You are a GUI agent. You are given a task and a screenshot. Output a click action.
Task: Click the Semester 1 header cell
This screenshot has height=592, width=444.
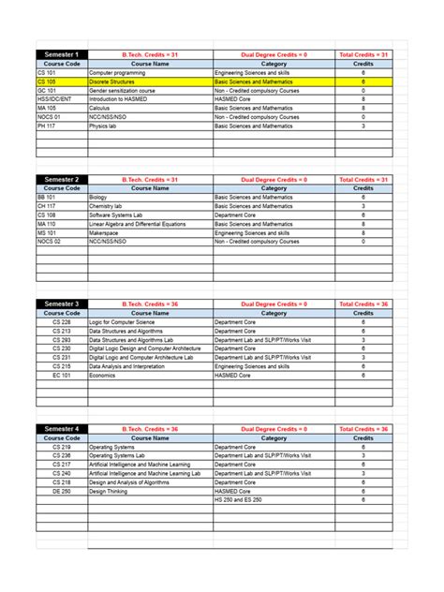(62, 55)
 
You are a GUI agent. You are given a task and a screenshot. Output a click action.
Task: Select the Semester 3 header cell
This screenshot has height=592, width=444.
(62, 303)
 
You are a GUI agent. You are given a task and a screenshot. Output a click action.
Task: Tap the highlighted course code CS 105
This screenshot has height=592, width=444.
(47, 81)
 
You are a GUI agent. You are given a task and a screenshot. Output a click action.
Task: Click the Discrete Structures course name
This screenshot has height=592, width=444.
(112, 81)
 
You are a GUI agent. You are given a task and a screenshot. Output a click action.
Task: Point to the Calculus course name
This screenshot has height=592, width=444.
(100, 108)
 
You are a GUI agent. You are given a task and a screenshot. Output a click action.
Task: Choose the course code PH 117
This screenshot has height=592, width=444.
(47, 126)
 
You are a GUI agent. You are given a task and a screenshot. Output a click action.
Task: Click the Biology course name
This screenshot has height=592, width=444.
(98, 198)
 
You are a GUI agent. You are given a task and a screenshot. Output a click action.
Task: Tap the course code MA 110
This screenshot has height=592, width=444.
(47, 224)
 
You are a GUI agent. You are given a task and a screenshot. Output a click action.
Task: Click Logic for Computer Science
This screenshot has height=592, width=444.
(123, 322)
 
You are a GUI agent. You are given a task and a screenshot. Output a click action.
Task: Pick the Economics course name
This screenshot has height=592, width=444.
(102, 375)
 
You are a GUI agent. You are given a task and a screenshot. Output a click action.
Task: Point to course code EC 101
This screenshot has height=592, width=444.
(62, 375)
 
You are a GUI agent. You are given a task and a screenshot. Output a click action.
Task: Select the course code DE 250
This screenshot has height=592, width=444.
(62, 491)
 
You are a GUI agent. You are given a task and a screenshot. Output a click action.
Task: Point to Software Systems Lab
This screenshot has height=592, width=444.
(116, 215)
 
